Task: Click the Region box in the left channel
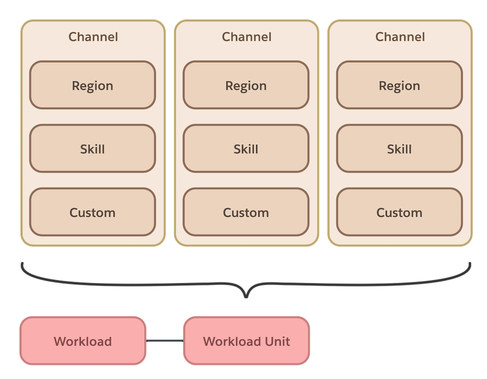(93, 85)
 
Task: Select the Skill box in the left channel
(93, 149)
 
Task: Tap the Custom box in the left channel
(93, 212)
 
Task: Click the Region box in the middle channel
(246, 85)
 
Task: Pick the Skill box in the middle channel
(246, 149)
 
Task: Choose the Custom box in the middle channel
(246, 212)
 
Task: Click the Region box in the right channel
(399, 85)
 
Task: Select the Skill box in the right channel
(399, 149)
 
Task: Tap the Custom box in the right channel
(399, 212)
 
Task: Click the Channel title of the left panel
(93, 37)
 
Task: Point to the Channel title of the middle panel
(246, 37)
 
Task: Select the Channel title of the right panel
(400, 37)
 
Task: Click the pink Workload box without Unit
(83, 341)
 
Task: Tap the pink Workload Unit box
(246, 341)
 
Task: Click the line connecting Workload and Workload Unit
(165, 341)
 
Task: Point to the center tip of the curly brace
(246, 297)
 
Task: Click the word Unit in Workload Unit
(273, 341)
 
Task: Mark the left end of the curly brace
(22, 264)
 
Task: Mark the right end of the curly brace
(470, 264)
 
